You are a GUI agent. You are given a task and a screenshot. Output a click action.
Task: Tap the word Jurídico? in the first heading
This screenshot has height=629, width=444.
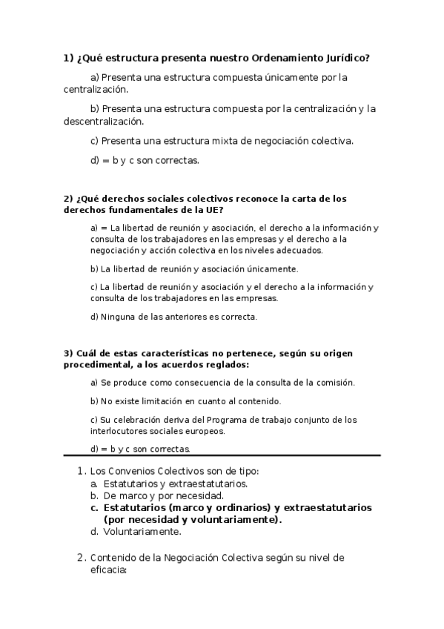[x=343, y=57]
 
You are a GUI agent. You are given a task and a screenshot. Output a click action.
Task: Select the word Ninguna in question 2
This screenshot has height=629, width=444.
[x=116, y=317]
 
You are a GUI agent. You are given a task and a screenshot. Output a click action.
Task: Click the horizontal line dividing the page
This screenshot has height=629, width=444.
[x=222, y=455]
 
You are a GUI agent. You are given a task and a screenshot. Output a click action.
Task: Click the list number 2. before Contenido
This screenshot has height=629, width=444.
[x=82, y=558]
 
